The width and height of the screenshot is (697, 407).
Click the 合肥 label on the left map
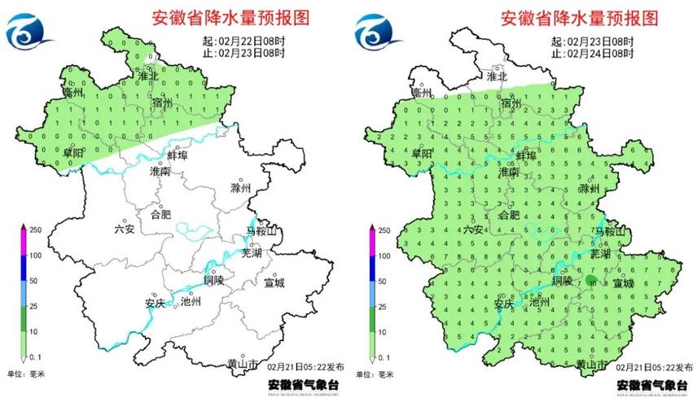tap(161, 215)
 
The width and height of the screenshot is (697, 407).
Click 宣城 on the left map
tap(274, 283)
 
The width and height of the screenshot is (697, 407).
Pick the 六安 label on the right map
tap(473, 230)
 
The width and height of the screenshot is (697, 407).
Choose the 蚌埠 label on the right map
tap(526, 155)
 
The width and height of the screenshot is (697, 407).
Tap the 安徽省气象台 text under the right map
tap(649, 384)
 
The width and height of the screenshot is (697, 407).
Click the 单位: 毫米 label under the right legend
tap(375, 374)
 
